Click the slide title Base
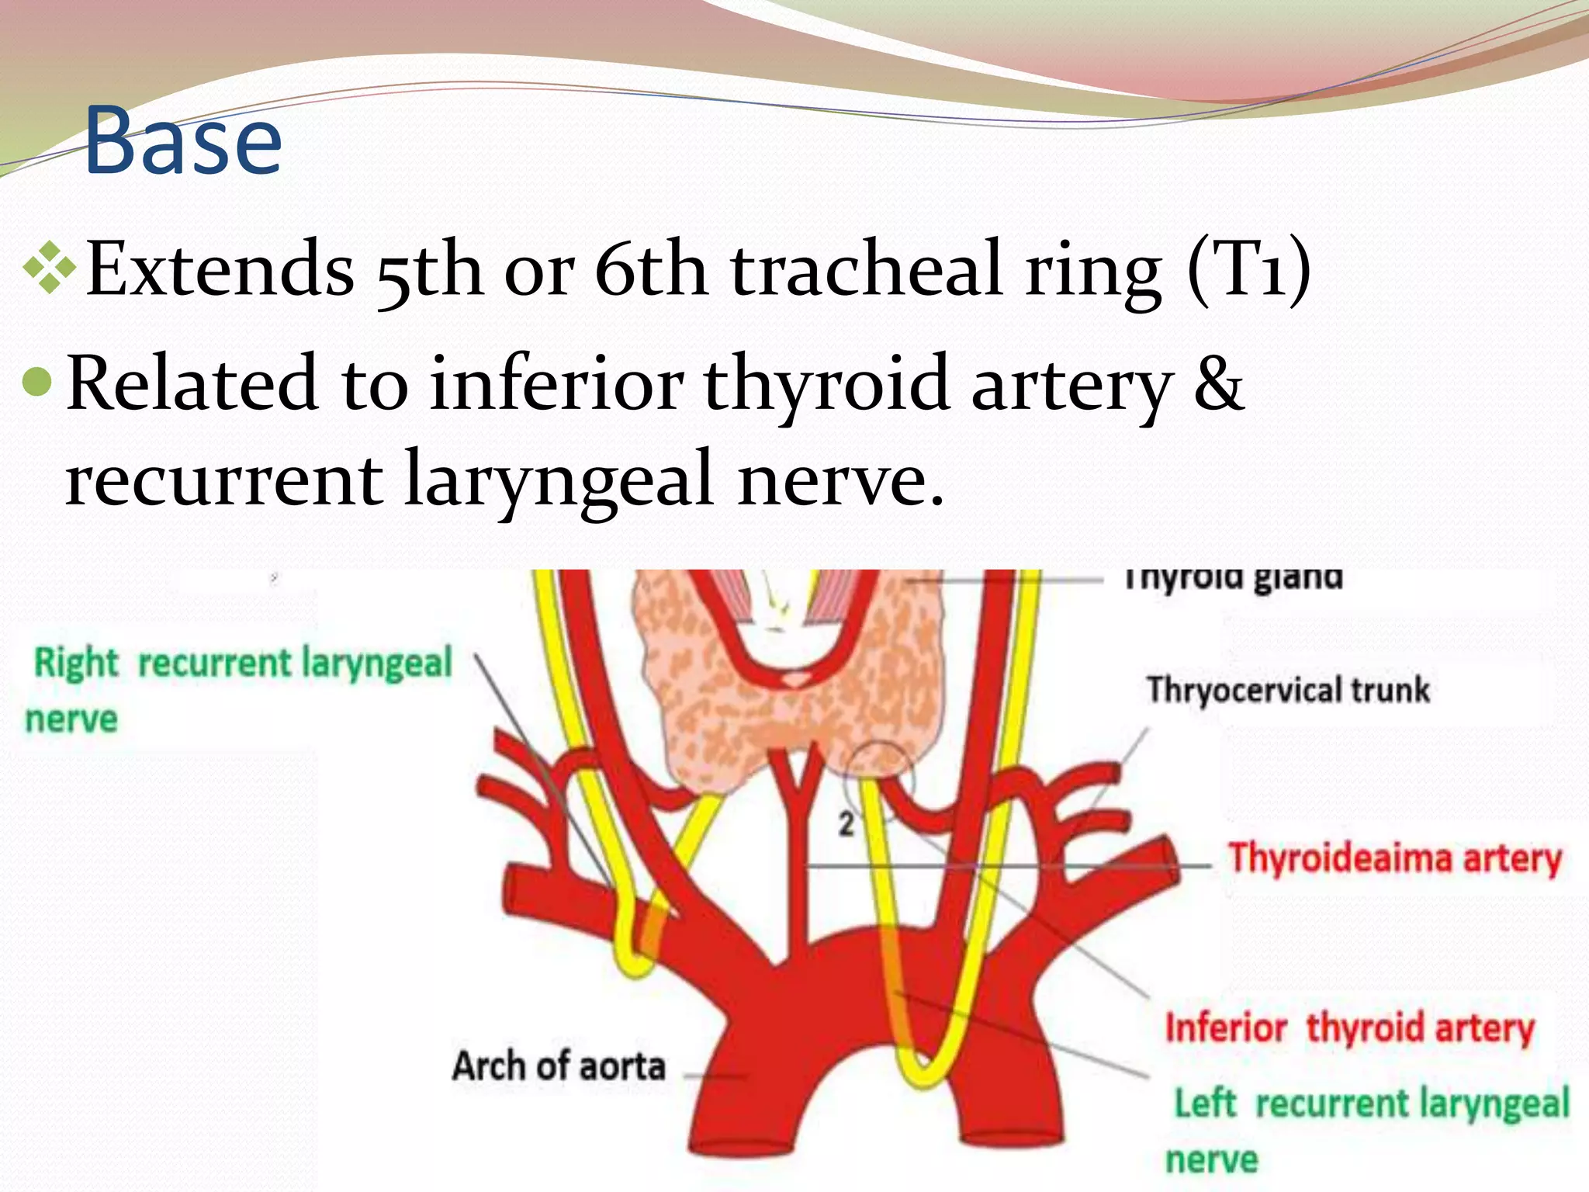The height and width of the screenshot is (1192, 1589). click(x=182, y=141)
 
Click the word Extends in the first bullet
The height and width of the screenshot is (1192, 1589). click(x=220, y=269)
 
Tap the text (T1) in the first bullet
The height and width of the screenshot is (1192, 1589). click(x=1248, y=269)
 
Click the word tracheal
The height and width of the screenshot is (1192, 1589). click(x=866, y=269)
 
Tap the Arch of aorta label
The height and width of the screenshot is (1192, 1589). click(x=559, y=1066)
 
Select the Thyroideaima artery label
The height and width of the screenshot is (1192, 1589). click(x=1394, y=859)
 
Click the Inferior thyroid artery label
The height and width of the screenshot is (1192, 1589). click(x=1350, y=1027)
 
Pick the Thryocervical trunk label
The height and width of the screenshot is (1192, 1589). click(x=1288, y=690)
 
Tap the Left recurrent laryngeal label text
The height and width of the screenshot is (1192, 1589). click(x=1371, y=1104)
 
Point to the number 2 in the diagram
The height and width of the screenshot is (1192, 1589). click(x=846, y=823)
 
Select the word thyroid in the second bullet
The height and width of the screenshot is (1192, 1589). click(x=826, y=383)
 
